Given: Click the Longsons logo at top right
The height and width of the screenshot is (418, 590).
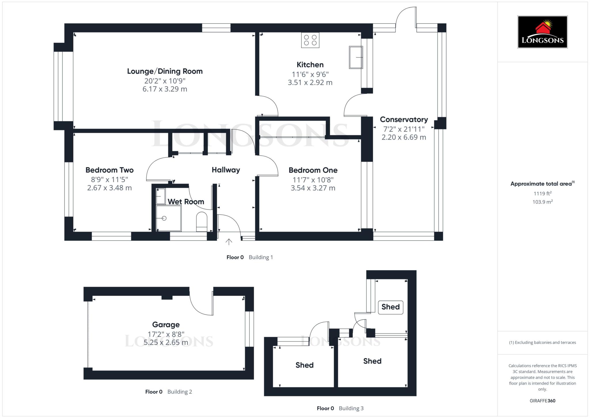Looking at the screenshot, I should click(x=542, y=32).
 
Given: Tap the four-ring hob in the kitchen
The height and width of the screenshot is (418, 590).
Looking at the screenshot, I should click(x=310, y=40).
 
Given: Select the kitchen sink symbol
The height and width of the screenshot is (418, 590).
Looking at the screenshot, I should click(x=356, y=57).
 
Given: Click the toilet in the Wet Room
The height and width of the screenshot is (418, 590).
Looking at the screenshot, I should click(x=201, y=222).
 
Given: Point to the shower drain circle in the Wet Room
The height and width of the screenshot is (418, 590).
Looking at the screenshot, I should click(x=164, y=218).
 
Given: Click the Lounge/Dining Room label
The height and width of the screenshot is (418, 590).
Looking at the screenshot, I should click(x=165, y=71).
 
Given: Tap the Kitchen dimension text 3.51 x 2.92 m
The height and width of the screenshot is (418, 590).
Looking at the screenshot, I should click(x=310, y=83).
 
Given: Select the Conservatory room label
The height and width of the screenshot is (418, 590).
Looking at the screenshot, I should click(x=404, y=119).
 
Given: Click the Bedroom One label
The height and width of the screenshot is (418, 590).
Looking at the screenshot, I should click(x=313, y=170).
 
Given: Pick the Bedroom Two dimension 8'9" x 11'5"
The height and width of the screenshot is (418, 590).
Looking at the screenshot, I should click(x=109, y=179).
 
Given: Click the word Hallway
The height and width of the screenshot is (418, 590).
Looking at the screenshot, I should click(x=226, y=170).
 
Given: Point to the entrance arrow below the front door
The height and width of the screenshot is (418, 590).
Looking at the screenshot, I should click(x=229, y=242).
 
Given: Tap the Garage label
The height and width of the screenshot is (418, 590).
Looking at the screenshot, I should click(x=166, y=325).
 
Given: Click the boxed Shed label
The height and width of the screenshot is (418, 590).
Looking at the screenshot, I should click(x=390, y=307).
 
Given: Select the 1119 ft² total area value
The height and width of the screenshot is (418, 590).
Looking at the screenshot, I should click(x=542, y=194).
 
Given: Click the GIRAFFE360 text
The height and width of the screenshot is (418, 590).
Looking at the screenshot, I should click(x=542, y=401).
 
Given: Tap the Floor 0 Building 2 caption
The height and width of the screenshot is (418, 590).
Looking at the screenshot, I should click(x=169, y=392).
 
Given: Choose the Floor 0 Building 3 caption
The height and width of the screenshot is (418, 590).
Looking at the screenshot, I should click(x=340, y=408).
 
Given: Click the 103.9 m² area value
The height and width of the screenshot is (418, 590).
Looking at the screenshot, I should click(x=542, y=202).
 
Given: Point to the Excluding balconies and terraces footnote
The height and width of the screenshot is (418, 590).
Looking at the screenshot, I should click(x=542, y=342).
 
